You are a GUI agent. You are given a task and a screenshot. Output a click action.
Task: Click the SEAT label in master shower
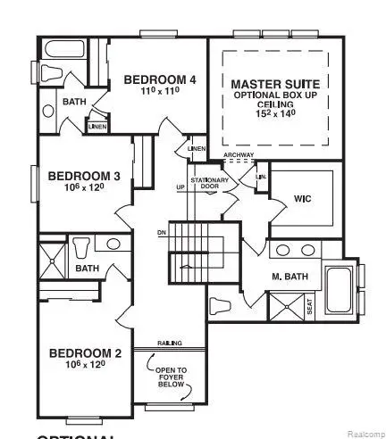[x=309, y=308]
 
